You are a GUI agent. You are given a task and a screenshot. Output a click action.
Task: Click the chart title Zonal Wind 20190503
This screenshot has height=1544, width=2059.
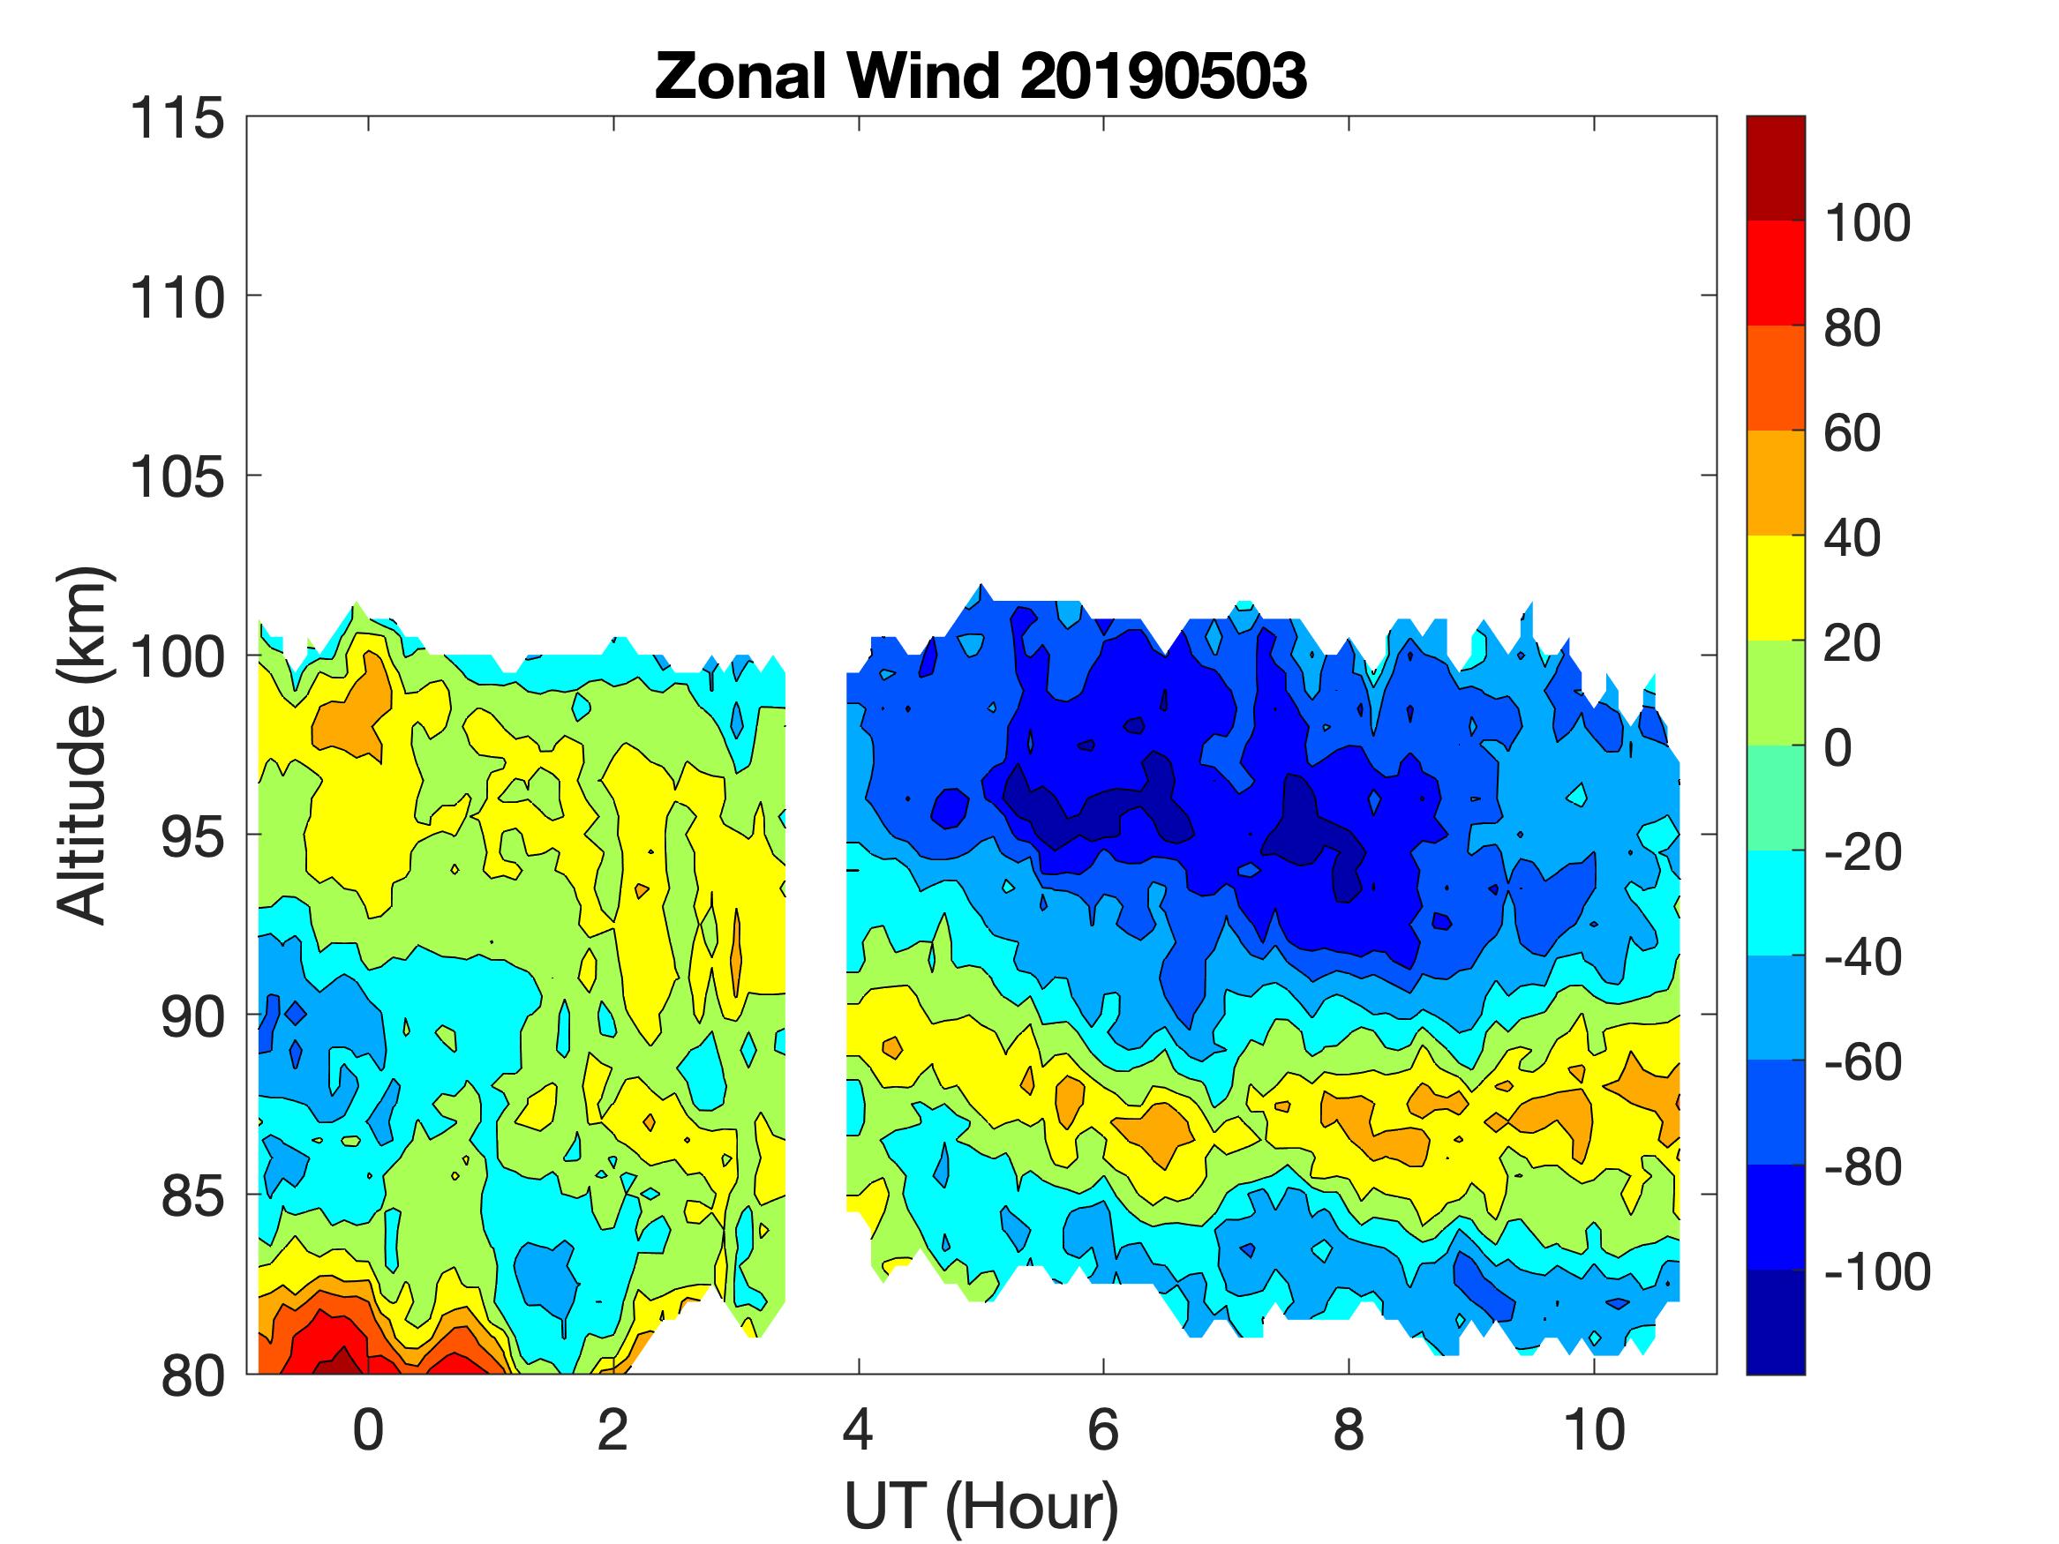(981, 75)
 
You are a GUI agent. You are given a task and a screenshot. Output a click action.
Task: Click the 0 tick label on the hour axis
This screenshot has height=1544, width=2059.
(369, 1429)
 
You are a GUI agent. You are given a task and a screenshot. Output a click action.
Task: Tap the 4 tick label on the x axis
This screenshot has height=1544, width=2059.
(858, 1429)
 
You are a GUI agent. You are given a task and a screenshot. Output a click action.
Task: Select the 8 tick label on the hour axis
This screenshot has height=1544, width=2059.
(1349, 1429)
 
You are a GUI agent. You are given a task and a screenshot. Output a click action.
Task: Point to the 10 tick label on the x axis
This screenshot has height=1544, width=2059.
(1595, 1429)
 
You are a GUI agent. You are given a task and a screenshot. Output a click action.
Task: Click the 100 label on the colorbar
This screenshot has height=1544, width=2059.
(1867, 223)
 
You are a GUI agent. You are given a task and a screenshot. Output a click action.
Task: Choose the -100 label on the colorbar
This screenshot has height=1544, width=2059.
(1876, 1271)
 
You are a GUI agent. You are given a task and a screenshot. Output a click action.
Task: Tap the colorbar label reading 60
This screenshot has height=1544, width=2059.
(1852, 433)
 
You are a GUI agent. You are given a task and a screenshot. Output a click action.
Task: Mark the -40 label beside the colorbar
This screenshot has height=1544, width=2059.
(1862, 956)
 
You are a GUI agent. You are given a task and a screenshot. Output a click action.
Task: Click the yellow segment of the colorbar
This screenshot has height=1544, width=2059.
(1775, 588)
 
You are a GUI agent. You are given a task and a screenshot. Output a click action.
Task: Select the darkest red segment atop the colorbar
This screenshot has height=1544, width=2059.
(1775, 168)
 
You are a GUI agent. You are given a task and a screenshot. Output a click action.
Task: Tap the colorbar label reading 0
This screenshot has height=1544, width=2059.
(1837, 747)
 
